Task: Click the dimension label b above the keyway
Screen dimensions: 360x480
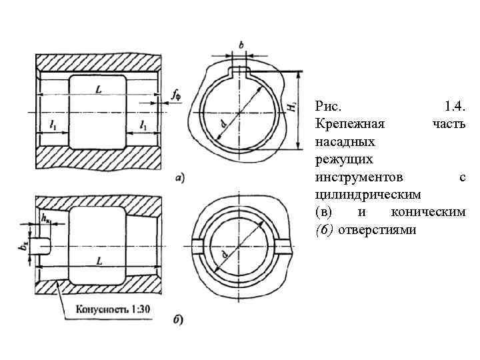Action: click(x=241, y=45)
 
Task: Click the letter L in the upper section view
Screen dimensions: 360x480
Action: click(x=98, y=89)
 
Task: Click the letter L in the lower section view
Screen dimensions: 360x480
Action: click(x=99, y=262)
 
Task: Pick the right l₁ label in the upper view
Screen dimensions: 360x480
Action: click(x=143, y=125)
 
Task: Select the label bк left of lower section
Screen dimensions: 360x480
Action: click(x=25, y=246)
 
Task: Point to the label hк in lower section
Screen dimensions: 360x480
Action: click(x=46, y=218)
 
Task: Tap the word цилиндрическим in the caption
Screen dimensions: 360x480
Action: click(x=367, y=194)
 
